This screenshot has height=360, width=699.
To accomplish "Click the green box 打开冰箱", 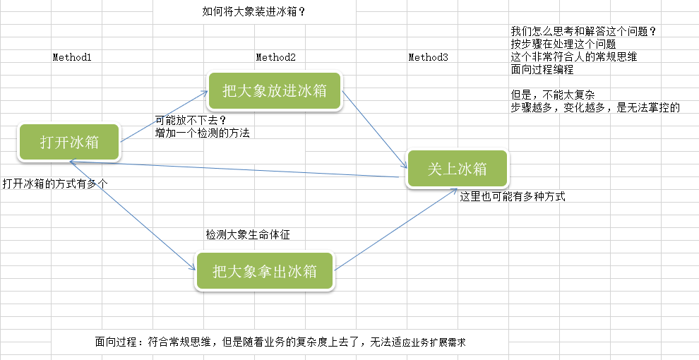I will pyautogui.click(x=69, y=142).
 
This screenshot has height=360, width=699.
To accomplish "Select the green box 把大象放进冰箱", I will pyautogui.click(x=275, y=90).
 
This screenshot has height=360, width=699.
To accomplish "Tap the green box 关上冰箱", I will pyautogui.click(x=457, y=169).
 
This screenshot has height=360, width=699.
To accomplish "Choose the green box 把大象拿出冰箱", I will pyautogui.click(x=264, y=270).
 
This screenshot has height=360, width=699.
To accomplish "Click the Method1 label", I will pyautogui.click(x=72, y=57).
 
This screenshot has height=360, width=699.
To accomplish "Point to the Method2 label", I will pyautogui.click(x=275, y=57).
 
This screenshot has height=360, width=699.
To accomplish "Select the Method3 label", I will pyautogui.click(x=428, y=57).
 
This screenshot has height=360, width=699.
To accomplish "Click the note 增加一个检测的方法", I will pyautogui.click(x=203, y=132).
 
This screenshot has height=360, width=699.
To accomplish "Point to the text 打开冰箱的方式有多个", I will pyautogui.click(x=55, y=184).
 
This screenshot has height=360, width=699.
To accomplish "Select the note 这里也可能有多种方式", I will pyautogui.click(x=513, y=197).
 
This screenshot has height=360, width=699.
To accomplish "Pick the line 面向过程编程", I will pyautogui.click(x=542, y=70).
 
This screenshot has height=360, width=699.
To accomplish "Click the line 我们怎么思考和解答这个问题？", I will pyautogui.click(x=584, y=32).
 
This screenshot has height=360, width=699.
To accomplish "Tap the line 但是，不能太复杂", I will pyautogui.click(x=554, y=95).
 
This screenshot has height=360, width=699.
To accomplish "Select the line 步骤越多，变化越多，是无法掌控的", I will pyautogui.click(x=595, y=108).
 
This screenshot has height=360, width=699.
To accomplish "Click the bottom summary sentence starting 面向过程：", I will pyautogui.click(x=281, y=342).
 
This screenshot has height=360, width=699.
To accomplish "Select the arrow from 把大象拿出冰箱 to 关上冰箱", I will pyautogui.click(x=395, y=229).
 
